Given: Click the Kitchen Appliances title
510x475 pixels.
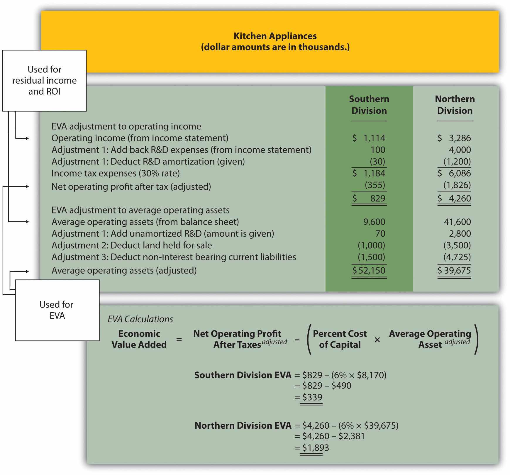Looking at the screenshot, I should click(x=275, y=36).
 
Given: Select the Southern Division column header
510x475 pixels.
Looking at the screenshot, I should click(x=369, y=105).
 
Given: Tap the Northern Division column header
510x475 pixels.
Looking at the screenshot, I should click(x=455, y=105).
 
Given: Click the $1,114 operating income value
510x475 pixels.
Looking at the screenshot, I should click(x=369, y=138).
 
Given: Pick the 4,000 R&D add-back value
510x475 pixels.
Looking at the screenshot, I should click(x=460, y=150).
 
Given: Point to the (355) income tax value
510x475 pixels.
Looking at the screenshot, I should click(x=375, y=185).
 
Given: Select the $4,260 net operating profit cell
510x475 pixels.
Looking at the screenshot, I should click(x=455, y=199).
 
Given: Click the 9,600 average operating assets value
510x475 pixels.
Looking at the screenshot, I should click(x=374, y=222).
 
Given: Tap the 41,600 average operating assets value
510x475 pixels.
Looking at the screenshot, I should click(x=457, y=222).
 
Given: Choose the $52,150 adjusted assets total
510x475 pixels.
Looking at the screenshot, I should click(x=369, y=270).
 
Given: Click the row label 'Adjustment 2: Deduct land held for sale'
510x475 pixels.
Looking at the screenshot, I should click(x=132, y=245).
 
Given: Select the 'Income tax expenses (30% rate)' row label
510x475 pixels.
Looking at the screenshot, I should click(x=116, y=173).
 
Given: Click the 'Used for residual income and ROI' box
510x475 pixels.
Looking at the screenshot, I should click(x=44, y=81).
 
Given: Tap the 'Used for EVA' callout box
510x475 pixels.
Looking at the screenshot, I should click(x=57, y=310).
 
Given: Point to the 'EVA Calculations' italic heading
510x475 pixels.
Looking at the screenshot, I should click(x=140, y=319).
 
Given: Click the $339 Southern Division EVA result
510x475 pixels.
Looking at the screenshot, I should click(x=312, y=397).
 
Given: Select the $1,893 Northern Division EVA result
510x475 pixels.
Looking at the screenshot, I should click(x=316, y=448).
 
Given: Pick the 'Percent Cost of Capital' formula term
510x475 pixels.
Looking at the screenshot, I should click(x=340, y=339).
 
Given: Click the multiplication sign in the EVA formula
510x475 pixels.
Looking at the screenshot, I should click(x=377, y=340).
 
